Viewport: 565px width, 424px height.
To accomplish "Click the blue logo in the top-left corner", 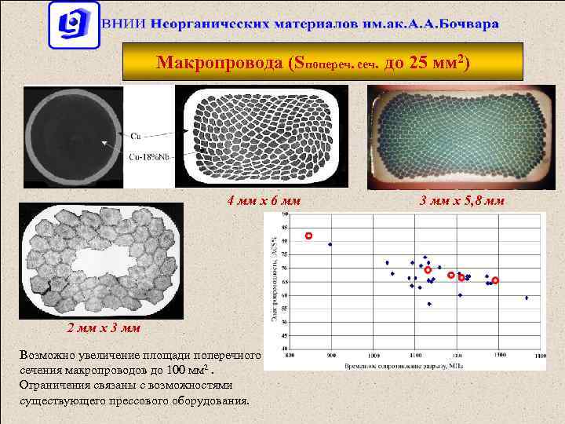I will (72, 24).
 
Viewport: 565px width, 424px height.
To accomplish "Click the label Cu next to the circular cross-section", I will (136, 135).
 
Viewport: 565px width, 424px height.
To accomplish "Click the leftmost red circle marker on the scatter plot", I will (308, 236).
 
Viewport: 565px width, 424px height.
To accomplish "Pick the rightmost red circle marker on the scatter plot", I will (495, 280).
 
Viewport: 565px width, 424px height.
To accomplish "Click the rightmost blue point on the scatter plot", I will (526, 298).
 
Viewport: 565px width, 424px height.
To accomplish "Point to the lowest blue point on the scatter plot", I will (429, 304).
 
